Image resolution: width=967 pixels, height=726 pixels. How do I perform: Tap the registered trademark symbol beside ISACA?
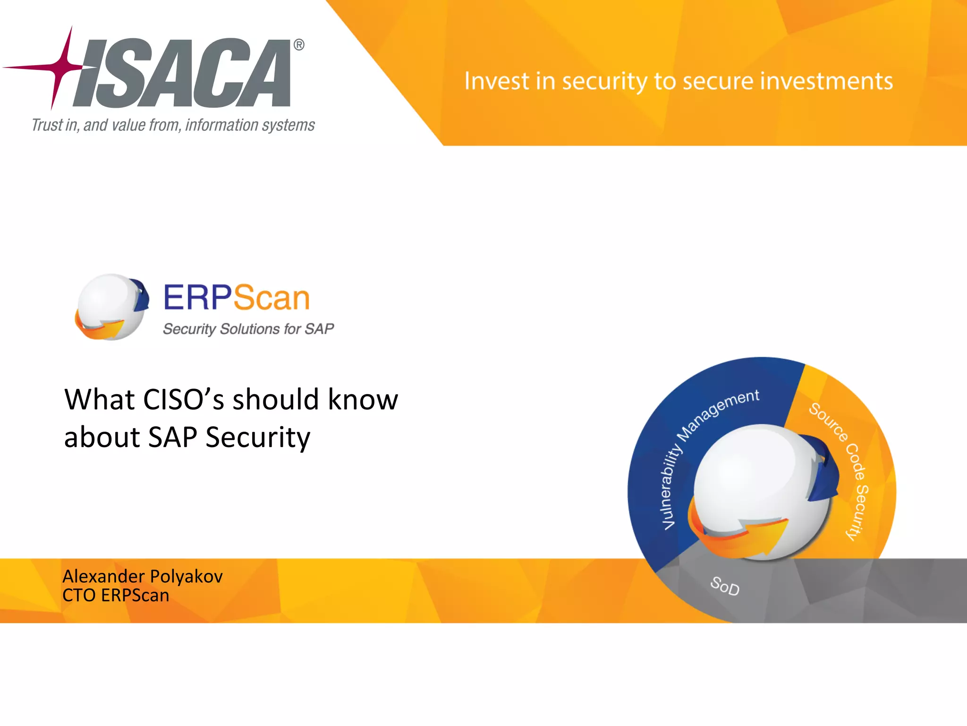pyautogui.click(x=299, y=45)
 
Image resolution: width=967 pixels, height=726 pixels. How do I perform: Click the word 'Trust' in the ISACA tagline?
pyautogui.click(x=47, y=125)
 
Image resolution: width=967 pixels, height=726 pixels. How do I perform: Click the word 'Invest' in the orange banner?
pyautogui.click(x=496, y=81)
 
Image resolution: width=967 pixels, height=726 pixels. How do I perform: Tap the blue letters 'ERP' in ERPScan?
pyautogui.click(x=197, y=298)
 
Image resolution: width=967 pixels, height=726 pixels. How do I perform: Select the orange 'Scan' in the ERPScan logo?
pyautogui.click(x=271, y=298)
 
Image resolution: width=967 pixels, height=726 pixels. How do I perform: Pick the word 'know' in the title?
pyautogui.click(x=363, y=399)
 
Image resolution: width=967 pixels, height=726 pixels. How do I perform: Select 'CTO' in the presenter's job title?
pyautogui.click(x=79, y=596)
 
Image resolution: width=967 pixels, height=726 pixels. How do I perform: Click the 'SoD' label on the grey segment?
pyautogui.click(x=725, y=586)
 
